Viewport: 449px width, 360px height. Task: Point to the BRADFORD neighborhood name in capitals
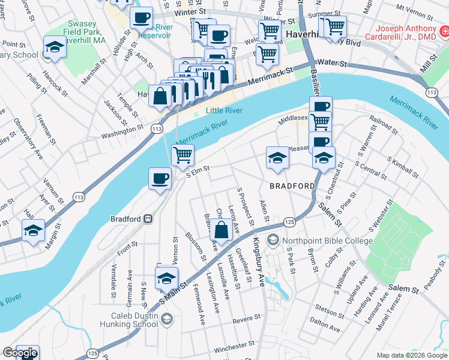pyautogui.click(x=292, y=186)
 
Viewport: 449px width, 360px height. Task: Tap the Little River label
pyautogui.click(x=223, y=110)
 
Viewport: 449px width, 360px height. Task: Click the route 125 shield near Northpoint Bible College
pyautogui.click(x=290, y=223)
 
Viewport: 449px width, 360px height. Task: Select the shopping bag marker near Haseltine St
pyautogui.click(x=221, y=230)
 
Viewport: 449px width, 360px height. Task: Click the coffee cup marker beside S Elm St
pyautogui.click(x=160, y=179)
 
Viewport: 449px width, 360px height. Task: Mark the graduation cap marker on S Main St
pyautogui.click(x=166, y=279)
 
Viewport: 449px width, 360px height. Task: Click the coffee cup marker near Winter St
pyautogui.click(x=142, y=19)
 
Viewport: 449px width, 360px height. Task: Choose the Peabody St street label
pyautogui.click(x=435, y=280)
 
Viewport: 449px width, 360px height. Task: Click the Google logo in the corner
pyautogui.click(x=20, y=353)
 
